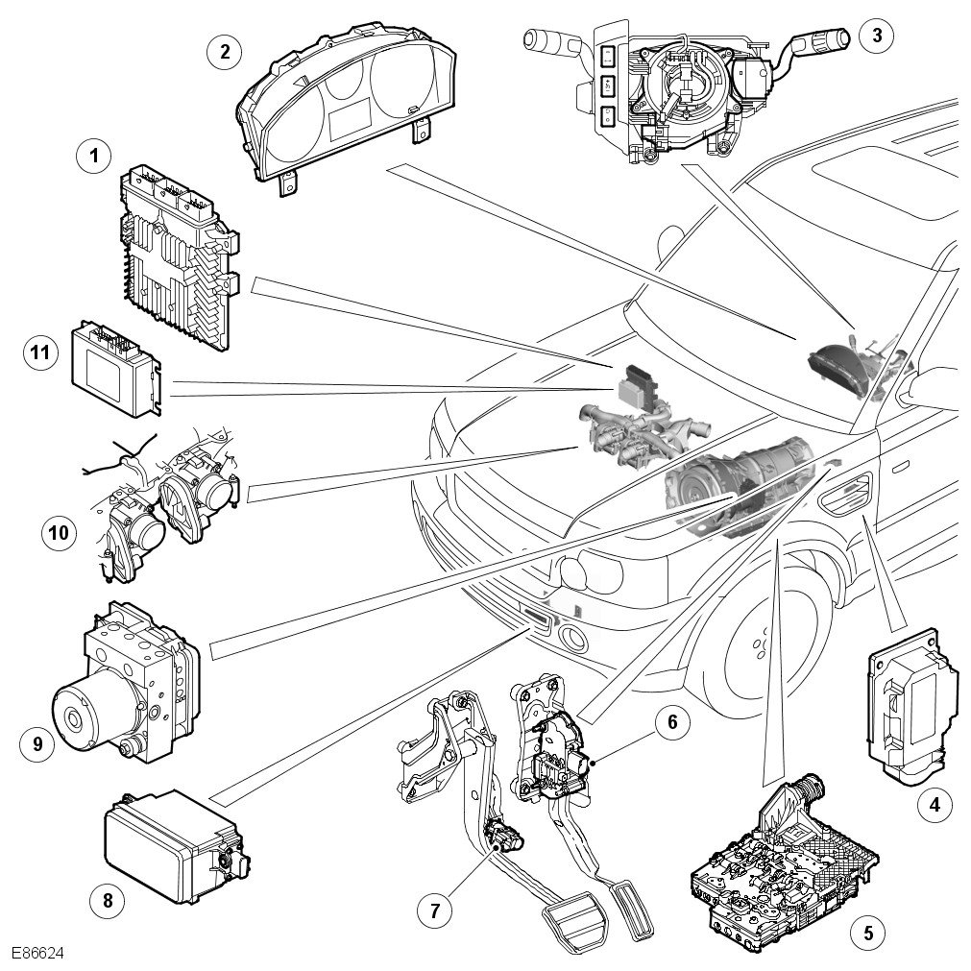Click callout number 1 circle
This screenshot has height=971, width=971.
point(94,155)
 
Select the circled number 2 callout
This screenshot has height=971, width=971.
point(225,51)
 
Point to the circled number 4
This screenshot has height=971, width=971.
point(930,805)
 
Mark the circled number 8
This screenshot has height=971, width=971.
point(107,900)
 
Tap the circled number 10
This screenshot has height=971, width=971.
point(59,532)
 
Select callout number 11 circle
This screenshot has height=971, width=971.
point(37,352)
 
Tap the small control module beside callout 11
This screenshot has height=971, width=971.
point(114,369)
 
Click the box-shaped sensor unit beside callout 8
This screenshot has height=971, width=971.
point(173,845)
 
